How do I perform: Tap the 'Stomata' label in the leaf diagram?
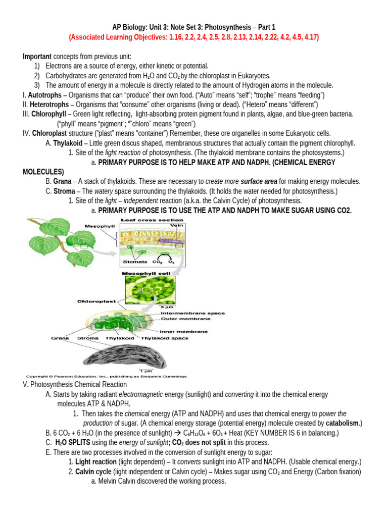pyautogui.click(x=135, y=262)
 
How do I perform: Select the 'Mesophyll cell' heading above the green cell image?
pyautogui.click(x=144, y=273)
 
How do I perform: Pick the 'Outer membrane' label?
pyautogui.click(x=185, y=319)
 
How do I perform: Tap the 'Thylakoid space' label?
pyautogui.click(x=165, y=338)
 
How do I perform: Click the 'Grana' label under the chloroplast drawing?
pyautogui.click(x=60, y=338)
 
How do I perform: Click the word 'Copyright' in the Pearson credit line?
pyautogui.click(x=37, y=376)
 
